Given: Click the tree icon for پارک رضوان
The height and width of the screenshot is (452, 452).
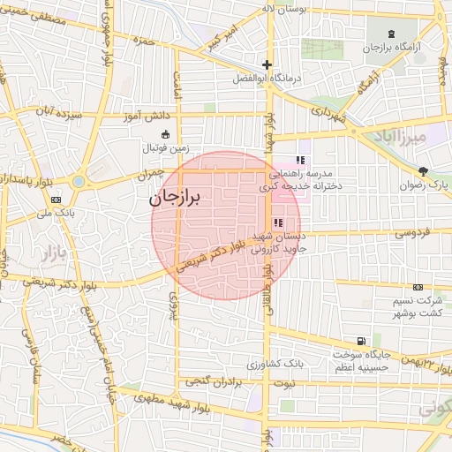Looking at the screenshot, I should point(424,170).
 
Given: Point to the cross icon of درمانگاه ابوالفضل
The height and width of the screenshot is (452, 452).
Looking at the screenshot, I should point(267,64).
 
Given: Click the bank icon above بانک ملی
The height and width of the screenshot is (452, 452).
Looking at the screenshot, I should point(56,200).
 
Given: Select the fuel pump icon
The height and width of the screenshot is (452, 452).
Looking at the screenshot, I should point(361,341).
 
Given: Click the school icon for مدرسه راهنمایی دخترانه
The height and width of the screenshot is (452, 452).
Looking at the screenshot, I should point(300,160).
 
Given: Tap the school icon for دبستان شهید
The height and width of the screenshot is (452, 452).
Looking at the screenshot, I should point(278,222).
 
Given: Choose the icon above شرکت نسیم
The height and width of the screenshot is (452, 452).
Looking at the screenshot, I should point(418,287).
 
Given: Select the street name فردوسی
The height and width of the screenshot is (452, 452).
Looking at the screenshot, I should point(410,234).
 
